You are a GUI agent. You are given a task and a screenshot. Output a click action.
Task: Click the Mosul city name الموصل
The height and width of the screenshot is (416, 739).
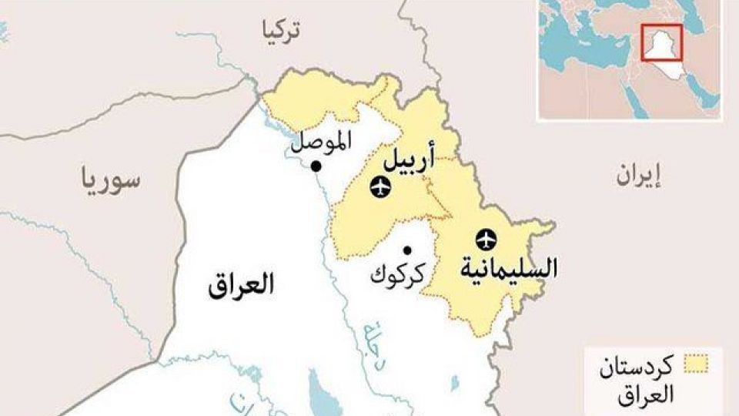pos(322,141)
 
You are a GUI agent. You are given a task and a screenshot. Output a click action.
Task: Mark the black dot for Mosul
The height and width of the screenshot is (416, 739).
pos(316,166)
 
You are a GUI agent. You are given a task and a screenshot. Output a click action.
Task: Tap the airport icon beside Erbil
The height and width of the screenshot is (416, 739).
pos(380,186)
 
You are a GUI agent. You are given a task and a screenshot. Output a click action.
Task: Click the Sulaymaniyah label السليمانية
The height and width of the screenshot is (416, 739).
pos(508,269)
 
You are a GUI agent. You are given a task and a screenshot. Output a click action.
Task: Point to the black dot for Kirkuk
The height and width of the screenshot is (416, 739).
pos(407,250)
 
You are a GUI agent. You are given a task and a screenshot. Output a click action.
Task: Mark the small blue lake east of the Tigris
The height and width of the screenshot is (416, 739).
pos(454,382)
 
